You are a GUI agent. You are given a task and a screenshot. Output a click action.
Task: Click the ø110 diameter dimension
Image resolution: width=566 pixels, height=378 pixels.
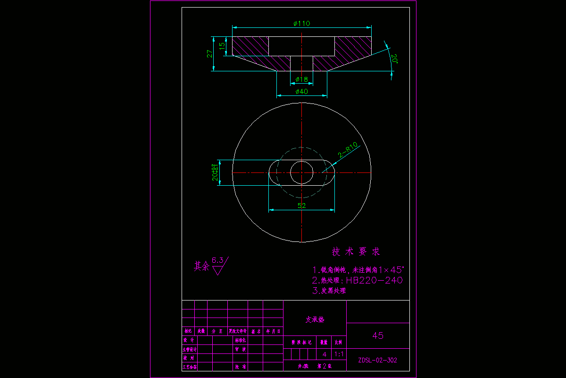point(301,24)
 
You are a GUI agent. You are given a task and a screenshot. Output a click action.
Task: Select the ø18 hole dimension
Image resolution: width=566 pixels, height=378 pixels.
point(301,79)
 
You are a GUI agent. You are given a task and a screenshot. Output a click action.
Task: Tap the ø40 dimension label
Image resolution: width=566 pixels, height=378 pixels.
point(301,91)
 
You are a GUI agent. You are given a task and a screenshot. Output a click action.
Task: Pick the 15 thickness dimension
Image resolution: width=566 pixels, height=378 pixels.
point(222,47)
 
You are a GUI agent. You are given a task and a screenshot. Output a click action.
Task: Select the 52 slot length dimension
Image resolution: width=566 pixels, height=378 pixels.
point(301,206)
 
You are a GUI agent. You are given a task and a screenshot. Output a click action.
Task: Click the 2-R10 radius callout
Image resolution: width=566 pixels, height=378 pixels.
point(348,150)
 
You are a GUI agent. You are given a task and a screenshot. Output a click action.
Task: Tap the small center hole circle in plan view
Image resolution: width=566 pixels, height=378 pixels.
point(301,172)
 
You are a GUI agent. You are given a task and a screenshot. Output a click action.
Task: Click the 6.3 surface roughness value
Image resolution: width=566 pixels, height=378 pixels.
point(217,260)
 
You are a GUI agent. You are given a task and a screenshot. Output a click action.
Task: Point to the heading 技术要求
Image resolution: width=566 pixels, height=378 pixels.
point(356,252)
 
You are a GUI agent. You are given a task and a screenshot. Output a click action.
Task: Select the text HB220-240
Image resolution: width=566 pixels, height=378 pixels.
point(375,280)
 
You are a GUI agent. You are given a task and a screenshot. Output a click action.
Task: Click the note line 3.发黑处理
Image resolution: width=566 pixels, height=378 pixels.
point(329,291)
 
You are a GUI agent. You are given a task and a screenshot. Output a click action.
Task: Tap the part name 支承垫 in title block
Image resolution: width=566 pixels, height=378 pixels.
point(315,319)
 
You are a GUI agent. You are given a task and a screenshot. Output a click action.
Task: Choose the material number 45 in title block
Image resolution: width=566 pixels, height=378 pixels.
point(378,335)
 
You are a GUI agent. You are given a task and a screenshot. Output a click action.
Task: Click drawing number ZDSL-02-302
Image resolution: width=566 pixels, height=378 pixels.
point(378,360)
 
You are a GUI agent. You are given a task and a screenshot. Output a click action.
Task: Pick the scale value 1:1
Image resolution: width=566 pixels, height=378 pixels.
point(339,354)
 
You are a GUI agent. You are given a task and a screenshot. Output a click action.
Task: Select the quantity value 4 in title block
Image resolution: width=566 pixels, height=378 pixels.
point(324,354)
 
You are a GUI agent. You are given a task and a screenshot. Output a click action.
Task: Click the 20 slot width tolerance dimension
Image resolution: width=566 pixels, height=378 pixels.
point(215,173)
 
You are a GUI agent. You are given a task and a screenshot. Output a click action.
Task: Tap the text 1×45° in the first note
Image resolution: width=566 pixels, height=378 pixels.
point(389,270)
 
